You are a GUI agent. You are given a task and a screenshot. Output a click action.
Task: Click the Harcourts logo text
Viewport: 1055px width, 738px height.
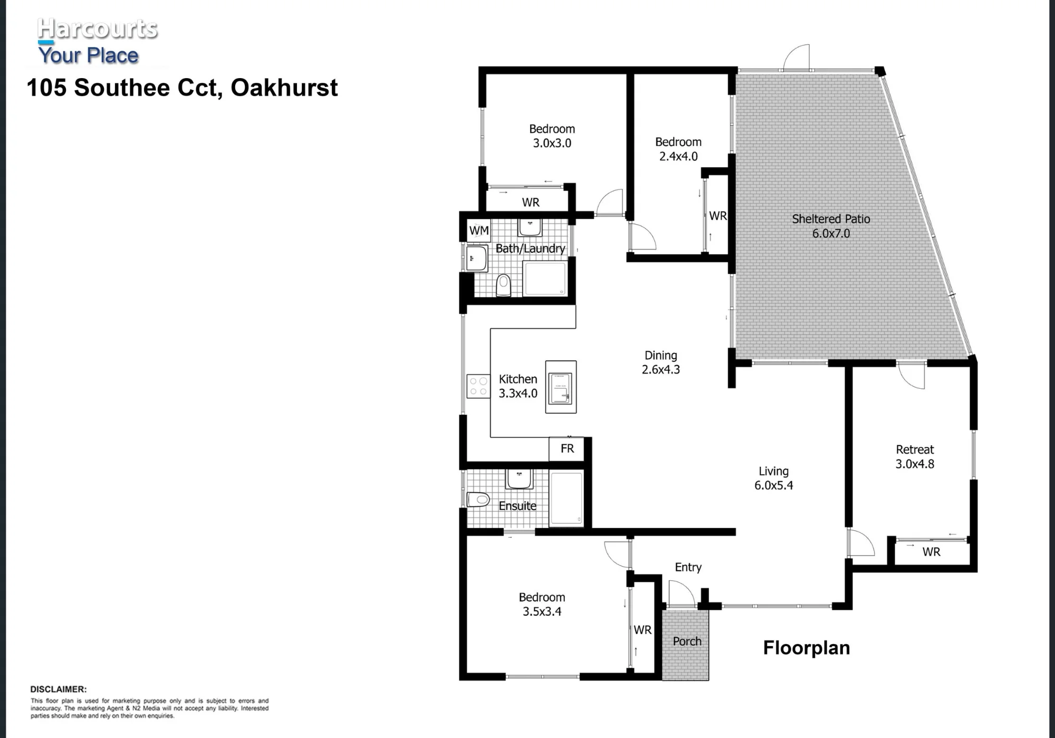98,29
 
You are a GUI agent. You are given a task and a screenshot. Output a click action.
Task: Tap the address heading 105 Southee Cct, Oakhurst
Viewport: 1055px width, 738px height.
182,88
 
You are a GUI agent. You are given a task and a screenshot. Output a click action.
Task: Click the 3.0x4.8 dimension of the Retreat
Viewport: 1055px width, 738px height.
915,464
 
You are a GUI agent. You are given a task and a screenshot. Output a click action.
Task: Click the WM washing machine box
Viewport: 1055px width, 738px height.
479,231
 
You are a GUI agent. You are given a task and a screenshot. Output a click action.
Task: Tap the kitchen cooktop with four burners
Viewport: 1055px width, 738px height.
478,386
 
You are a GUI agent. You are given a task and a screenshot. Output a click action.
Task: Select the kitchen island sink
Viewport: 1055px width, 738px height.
560,388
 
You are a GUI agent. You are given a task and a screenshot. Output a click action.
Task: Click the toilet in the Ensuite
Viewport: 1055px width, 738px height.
478,499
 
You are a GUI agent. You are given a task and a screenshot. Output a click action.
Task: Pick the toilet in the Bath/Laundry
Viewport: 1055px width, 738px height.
504,285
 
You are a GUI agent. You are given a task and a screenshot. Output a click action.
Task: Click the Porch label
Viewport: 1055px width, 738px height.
687,641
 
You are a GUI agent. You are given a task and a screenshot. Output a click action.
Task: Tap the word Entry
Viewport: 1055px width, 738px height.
688,567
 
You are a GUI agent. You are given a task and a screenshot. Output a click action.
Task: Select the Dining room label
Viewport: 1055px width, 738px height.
660,356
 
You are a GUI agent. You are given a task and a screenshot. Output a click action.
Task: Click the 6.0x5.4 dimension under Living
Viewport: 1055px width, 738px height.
773,486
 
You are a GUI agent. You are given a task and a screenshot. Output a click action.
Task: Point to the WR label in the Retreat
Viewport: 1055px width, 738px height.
931,552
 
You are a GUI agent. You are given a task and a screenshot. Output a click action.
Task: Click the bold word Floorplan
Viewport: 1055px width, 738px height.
807,648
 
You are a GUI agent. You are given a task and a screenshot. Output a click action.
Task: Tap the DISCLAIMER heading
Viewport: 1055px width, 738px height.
58,689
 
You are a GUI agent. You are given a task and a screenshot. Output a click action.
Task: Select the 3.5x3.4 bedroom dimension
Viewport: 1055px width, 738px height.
542,612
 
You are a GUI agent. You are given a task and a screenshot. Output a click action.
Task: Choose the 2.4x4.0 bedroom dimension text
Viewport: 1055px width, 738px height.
678,157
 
